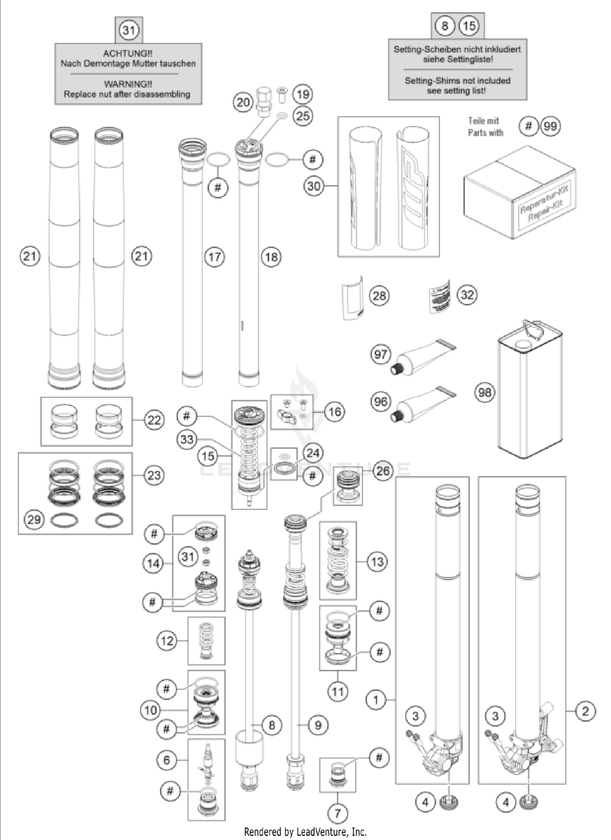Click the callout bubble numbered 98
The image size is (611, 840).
tap(485, 392)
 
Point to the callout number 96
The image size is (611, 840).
tap(380, 402)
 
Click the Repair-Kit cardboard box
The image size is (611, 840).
tap(519, 192)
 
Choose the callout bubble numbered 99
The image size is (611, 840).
tap(550, 126)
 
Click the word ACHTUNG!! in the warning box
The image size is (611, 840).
tap(128, 53)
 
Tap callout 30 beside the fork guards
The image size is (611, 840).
tap(314, 186)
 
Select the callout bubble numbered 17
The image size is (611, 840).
tap(214, 257)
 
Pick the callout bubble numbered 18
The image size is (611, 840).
tap(271, 257)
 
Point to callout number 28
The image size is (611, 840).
tap(379, 295)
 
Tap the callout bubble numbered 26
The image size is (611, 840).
tap(382, 471)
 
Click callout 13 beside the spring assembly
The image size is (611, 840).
tap(377, 562)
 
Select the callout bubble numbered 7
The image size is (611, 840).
tap(337, 814)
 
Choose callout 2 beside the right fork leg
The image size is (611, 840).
tap(585, 712)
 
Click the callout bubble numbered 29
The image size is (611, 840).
tap(34, 520)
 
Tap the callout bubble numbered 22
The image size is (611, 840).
tap(154, 420)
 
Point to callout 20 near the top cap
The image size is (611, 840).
tap(243, 102)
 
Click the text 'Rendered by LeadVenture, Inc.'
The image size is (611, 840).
tap(305, 831)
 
